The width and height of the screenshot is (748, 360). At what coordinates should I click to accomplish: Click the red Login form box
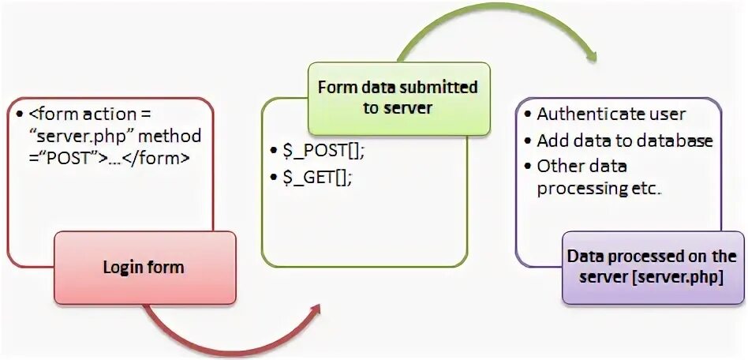point(144,267)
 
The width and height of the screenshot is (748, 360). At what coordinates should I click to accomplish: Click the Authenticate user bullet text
point(611,114)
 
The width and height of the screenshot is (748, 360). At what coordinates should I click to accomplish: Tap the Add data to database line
point(625,141)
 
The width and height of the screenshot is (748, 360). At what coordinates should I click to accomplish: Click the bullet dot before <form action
point(19,115)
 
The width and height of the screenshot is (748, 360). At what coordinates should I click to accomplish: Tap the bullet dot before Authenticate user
point(527,115)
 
